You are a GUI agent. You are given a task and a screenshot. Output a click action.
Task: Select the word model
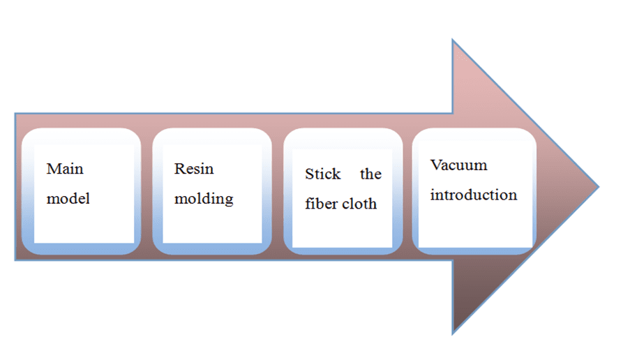pos(68,199)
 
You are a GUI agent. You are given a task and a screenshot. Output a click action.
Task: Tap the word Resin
pos(194,169)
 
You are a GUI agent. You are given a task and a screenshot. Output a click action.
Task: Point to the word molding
pos(204,200)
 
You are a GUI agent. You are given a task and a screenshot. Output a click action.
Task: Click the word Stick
pos(322,174)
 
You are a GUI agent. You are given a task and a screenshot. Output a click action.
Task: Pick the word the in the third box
pos(370,174)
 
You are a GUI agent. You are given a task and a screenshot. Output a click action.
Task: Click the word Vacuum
pos(458,165)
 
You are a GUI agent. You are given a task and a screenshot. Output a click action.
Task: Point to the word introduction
pos(473,195)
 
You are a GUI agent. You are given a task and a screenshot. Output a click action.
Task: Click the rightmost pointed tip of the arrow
pos(598,186)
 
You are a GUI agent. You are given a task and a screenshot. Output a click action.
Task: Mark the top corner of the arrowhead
pos(453,40)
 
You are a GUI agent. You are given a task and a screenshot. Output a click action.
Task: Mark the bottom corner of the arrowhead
pos(453,333)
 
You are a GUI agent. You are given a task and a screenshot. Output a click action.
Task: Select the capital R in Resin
pos(179,169)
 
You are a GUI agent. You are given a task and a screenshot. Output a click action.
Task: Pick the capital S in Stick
pos(309,174)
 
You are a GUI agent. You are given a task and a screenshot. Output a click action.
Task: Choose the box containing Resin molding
pos(212,190)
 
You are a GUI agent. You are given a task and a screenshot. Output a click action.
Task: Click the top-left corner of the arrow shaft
pos(15,113)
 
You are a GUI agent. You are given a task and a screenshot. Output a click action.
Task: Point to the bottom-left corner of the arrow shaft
pos(15,260)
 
